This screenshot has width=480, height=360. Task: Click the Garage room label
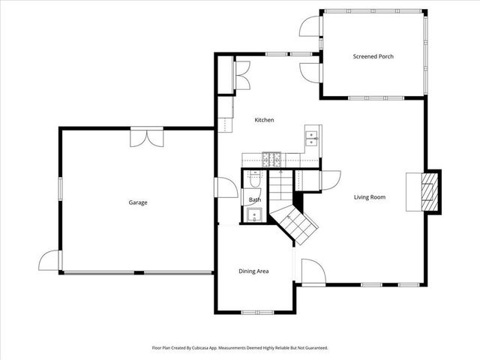click(x=137, y=202)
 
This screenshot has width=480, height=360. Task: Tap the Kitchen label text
click(x=264, y=120)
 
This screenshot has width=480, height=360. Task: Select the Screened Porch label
click(x=373, y=56)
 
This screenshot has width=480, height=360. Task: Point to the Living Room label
click(x=370, y=197)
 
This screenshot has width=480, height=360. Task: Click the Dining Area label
click(x=253, y=271)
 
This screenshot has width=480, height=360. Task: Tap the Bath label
click(x=254, y=199)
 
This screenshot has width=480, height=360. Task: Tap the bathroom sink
click(x=253, y=215)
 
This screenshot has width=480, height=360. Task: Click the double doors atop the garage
click(x=146, y=138)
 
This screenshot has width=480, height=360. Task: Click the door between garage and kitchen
click(x=223, y=187)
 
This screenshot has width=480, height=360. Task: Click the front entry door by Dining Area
click(x=311, y=271)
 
